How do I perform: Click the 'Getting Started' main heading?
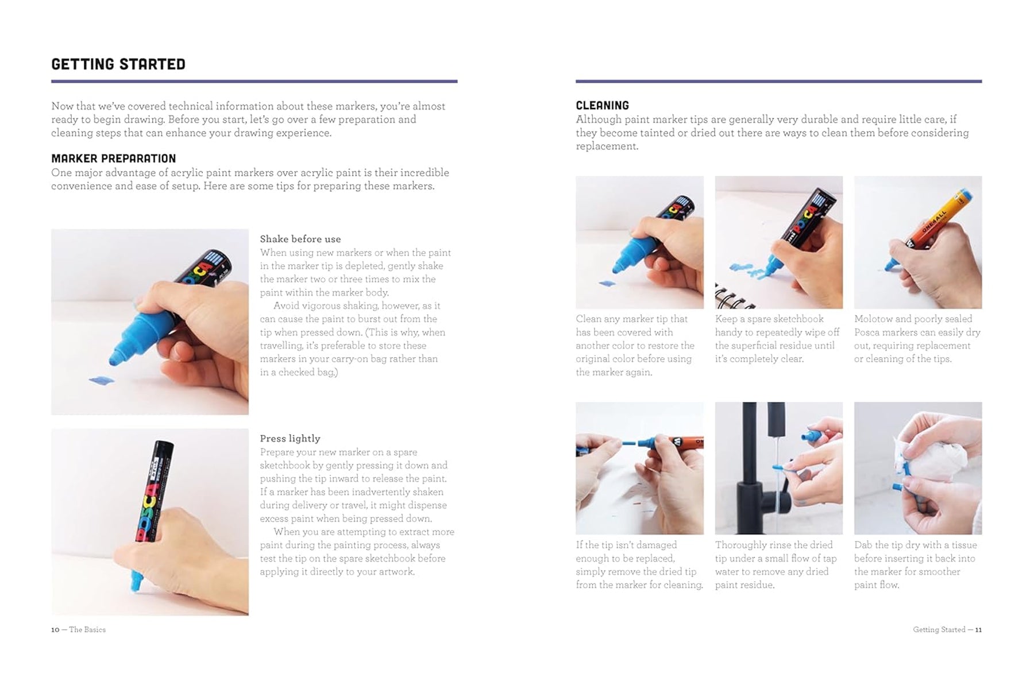[118, 64]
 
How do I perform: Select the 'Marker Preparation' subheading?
[114, 158]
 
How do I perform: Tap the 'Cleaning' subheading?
[603, 106]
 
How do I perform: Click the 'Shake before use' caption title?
[300, 239]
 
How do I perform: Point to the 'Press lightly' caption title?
[290, 439]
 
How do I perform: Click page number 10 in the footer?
[55, 630]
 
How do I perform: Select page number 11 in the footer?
[978, 630]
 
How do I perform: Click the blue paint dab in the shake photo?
[102, 380]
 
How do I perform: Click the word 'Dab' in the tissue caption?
[863, 545]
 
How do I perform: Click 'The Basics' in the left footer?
[87, 630]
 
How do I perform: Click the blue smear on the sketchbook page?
[747, 268]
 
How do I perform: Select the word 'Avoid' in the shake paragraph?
[285, 306]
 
